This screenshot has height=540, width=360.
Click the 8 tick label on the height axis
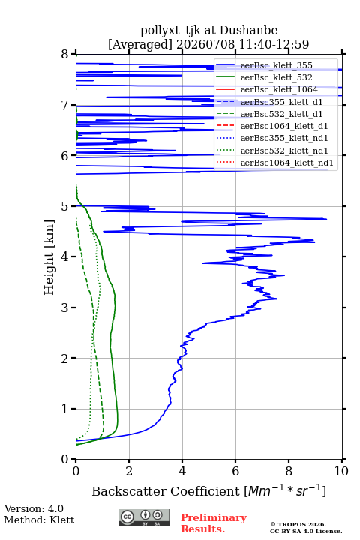[64, 55]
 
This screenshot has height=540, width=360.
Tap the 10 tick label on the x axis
[341, 471]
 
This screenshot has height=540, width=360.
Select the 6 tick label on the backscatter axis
[235, 471]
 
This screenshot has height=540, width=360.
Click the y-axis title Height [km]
[49, 257]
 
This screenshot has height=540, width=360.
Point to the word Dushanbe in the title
[249, 31]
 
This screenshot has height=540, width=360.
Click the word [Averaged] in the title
[140, 44]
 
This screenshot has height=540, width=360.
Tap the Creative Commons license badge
[144, 518]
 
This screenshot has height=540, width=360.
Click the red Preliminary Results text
[214, 523]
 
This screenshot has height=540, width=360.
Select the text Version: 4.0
[34, 508]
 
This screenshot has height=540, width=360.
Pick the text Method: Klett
[39, 520]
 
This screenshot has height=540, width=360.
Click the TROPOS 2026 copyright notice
[298, 524]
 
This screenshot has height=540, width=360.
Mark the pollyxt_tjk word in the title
[170, 31]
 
